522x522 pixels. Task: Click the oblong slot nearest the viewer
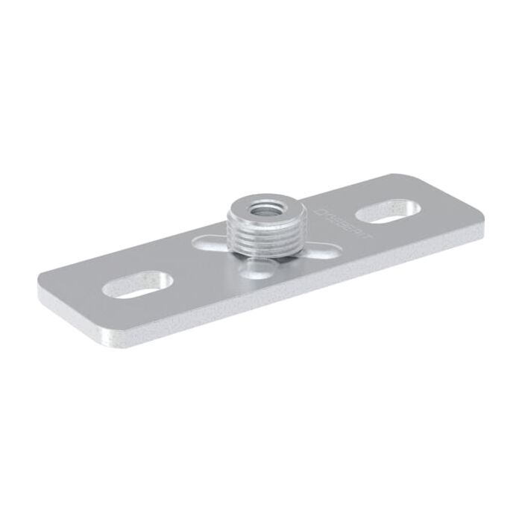[139, 284]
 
